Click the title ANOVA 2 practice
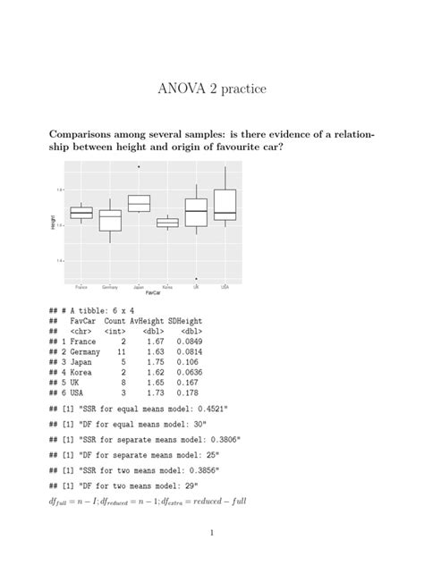[x=211, y=89]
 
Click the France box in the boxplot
[x=81, y=212]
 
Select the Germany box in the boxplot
[x=110, y=221]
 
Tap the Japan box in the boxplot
[x=139, y=204]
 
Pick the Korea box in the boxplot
[x=167, y=223]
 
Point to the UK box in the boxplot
[x=196, y=212]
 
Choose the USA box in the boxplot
[x=225, y=205]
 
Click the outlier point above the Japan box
[x=139, y=166]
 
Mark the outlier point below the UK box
[x=196, y=278]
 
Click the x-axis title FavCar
[x=153, y=293]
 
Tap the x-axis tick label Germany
[x=110, y=286]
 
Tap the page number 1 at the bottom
[x=211, y=533]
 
